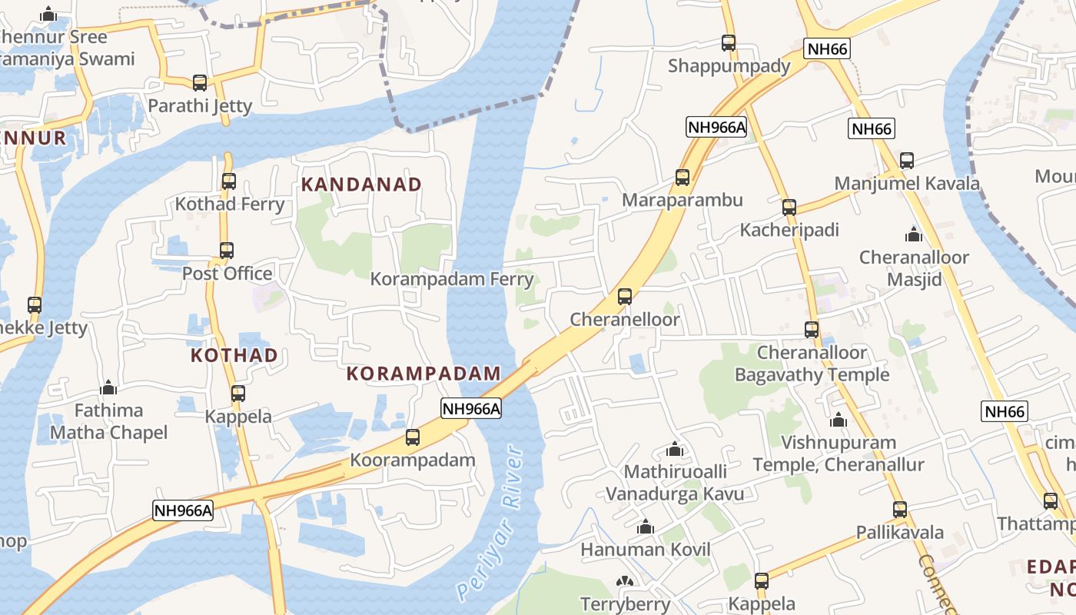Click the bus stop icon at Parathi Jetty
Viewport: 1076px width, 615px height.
coord(200,82)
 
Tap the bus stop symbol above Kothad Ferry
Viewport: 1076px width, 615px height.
coord(229,181)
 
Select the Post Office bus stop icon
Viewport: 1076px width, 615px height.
coord(227,251)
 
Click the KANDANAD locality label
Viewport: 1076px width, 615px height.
coord(361,184)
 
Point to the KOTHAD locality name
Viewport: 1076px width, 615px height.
coord(234,355)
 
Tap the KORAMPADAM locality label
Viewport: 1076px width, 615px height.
coord(423,374)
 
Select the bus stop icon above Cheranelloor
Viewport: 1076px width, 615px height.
coord(625,297)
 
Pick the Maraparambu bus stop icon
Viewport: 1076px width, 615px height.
coord(682,178)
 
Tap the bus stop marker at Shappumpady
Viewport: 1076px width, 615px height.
coord(729,43)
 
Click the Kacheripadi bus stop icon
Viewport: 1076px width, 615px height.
coord(789,208)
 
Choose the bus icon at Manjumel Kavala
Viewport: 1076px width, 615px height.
coord(907,161)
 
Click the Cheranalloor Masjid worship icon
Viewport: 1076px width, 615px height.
coord(914,234)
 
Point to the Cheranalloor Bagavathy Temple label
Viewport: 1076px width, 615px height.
coord(812,364)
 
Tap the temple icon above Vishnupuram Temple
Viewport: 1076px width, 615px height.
coord(839,421)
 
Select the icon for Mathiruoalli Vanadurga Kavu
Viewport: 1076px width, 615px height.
coord(675,449)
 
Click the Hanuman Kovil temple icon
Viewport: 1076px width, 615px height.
coord(646,527)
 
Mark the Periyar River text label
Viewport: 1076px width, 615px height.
coord(490,523)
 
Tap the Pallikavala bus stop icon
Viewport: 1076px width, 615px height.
coord(900,509)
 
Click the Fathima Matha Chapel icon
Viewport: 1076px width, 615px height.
coord(108,387)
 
